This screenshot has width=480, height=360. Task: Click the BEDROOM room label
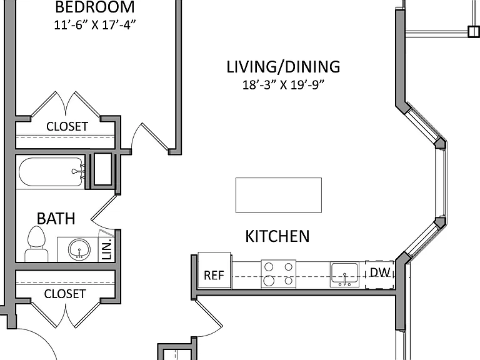tap(95, 7)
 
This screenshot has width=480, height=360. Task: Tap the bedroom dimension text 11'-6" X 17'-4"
tap(95, 25)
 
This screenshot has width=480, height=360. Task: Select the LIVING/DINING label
tap(283, 67)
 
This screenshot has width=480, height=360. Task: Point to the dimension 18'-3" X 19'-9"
tap(283, 85)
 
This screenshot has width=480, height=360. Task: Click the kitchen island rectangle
tap(279, 195)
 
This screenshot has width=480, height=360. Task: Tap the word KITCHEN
tap(277, 236)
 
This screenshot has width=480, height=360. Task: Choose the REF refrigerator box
tap(214, 271)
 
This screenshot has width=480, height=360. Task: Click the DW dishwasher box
tap(379, 275)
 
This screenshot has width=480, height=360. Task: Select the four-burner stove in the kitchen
tap(279, 274)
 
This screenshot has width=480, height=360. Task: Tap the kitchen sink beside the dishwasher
tap(344, 274)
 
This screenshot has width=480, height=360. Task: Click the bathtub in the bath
tap(51, 172)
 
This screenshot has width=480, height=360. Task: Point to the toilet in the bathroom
tap(36, 244)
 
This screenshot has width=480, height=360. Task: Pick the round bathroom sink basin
tap(79, 249)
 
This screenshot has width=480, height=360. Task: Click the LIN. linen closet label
tap(106, 250)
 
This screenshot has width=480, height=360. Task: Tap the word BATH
tap(56, 219)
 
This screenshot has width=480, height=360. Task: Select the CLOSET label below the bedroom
tap(67, 126)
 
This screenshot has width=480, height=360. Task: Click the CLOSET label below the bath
tap(65, 294)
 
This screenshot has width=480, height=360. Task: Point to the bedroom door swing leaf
tap(155, 137)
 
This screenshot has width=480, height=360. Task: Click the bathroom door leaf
tap(104, 207)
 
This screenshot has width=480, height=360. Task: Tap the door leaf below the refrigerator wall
tap(209, 313)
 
